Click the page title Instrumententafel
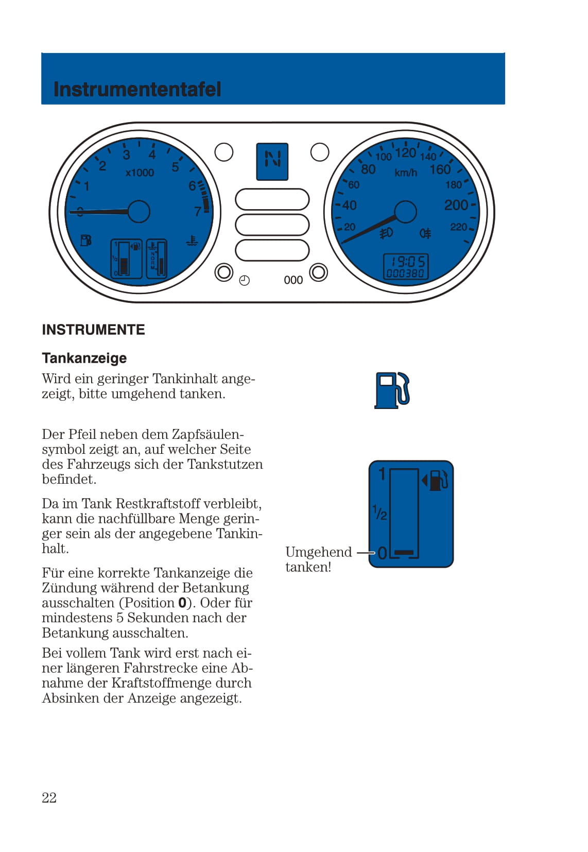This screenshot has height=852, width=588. pyautogui.click(x=137, y=90)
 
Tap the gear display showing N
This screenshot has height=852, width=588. pyautogui.click(x=272, y=161)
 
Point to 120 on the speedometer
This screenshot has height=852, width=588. pyautogui.click(x=405, y=152)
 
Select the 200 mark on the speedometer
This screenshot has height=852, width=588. pyautogui.click(x=456, y=205)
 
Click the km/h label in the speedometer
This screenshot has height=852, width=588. pyautogui.click(x=406, y=173)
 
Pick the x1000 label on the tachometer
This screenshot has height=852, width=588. pyautogui.click(x=140, y=173)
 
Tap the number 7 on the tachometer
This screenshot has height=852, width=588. pyautogui.click(x=198, y=212)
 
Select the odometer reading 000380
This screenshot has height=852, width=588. pyautogui.click(x=405, y=274)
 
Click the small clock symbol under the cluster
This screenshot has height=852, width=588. pyautogui.click(x=245, y=280)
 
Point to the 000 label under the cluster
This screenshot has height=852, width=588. pyautogui.click(x=293, y=280)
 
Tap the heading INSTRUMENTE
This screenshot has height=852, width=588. pyautogui.click(x=93, y=330)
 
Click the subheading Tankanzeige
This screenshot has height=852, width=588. pyautogui.click(x=84, y=358)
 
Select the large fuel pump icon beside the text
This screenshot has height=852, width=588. pyautogui.click(x=392, y=390)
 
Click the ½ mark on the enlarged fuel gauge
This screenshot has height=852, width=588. pyautogui.click(x=380, y=513)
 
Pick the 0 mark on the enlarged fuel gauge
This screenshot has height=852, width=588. pyautogui.click(x=382, y=553)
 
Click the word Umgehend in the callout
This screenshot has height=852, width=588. pyautogui.click(x=318, y=552)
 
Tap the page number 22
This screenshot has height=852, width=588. pyautogui.click(x=49, y=797)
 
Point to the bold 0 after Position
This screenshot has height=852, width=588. pyautogui.click(x=182, y=603)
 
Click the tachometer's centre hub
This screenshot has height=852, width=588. pyautogui.click(x=139, y=211)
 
